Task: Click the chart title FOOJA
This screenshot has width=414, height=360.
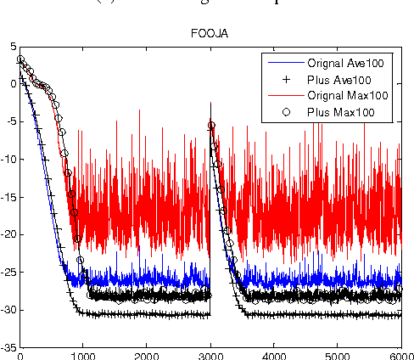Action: coord(210,36)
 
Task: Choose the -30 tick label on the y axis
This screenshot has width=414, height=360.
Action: coord(8,311)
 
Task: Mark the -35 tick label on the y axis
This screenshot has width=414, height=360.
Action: coord(8,348)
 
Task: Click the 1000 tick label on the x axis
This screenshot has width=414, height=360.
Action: coord(82,355)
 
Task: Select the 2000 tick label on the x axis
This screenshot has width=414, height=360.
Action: coord(146,355)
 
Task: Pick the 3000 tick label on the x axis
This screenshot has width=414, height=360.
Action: coord(210,355)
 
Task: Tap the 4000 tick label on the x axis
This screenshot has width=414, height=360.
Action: coord(273,355)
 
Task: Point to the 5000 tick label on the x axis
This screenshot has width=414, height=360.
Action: coord(337,355)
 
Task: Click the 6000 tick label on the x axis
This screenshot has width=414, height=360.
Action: coord(400,355)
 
